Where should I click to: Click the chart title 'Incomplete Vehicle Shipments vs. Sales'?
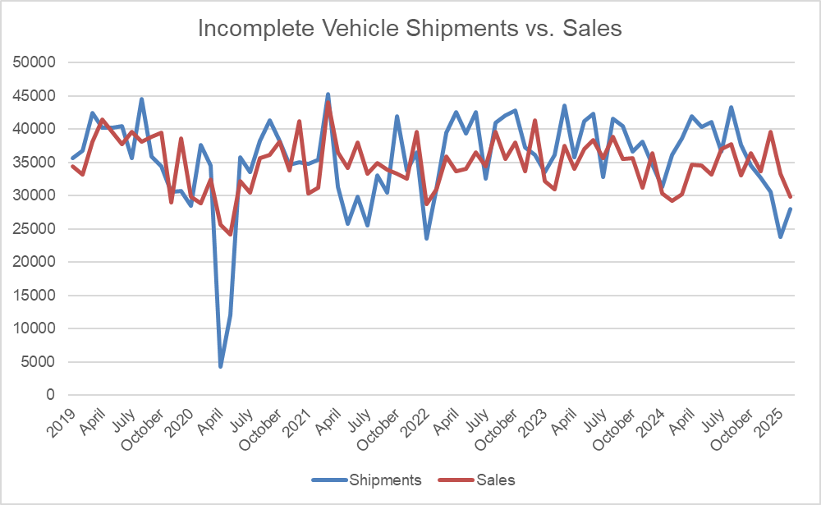click(x=410, y=30)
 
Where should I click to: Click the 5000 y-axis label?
click(x=39, y=362)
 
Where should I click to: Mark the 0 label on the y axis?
click(x=51, y=395)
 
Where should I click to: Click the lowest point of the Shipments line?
click(x=220, y=365)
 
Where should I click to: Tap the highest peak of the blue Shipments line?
click(x=328, y=94)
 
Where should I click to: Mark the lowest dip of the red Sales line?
click(x=230, y=234)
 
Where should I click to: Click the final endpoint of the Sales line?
click(x=791, y=197)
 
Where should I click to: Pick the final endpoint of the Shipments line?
click(x=791, y=209)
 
